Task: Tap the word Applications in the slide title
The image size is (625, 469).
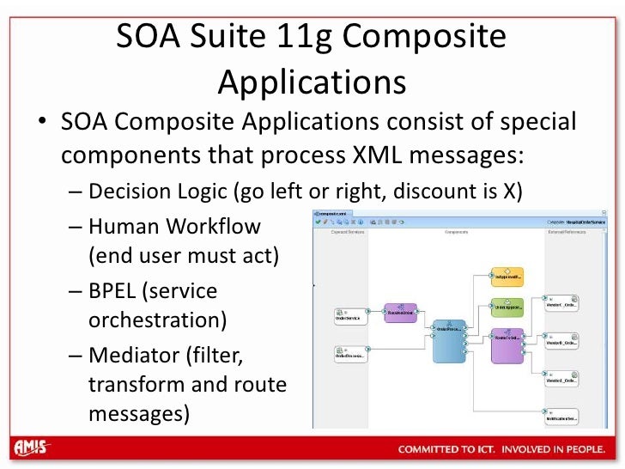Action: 312,82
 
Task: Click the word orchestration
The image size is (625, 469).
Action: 158,320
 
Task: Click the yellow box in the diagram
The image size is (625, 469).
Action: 507,277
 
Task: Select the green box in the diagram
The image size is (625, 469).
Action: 507,306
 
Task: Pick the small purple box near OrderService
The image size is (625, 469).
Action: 401,313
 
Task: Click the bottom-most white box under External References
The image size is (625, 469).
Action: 562,416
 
